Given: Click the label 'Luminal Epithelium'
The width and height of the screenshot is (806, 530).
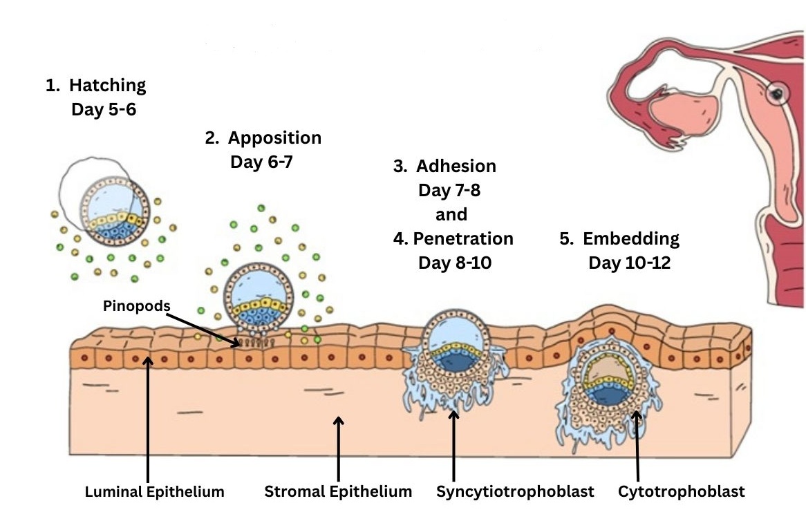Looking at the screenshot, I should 154,493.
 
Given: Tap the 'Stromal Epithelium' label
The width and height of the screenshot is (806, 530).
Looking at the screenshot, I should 338,493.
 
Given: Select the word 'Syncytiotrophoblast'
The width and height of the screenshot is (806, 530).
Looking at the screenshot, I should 515,493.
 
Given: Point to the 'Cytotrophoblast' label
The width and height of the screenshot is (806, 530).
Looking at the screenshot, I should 681,493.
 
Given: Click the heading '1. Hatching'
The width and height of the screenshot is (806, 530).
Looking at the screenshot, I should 96,86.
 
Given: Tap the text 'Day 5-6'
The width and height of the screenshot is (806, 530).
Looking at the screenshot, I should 104,110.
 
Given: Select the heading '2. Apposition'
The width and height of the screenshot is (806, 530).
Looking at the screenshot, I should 263,138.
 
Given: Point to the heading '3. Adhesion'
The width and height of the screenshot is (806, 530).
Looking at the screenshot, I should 444,167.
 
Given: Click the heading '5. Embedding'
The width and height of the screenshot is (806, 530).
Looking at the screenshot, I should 619,239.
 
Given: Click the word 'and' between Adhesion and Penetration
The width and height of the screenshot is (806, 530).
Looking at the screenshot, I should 451,214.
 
